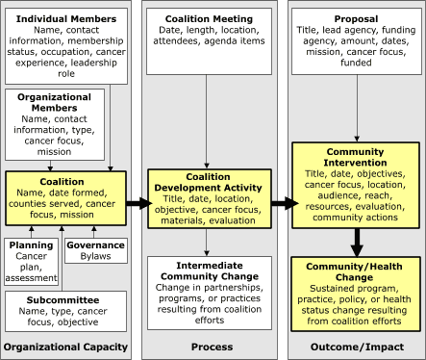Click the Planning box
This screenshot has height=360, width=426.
click(x=31, y=261)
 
